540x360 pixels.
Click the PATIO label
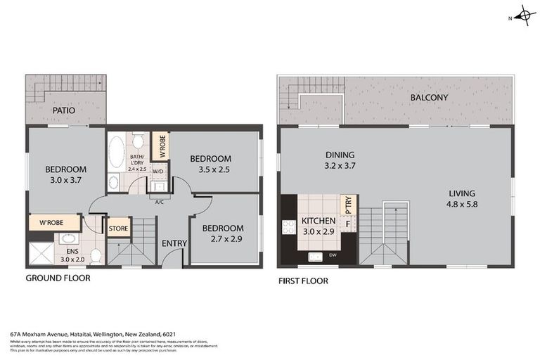coord(63,111)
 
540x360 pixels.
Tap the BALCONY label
coord(429,98)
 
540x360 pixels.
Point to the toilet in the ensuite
coord(96,255)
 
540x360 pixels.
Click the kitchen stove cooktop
coord(288,226)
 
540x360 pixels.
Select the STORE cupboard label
coord(117,228)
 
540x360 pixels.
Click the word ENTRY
coord(174,244)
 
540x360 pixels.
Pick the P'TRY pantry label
coord(347,205)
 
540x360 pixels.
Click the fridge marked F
coord(347,224)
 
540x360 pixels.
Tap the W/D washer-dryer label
coord(158,172)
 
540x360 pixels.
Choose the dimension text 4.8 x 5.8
coord(463,205)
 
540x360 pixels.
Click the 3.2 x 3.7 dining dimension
coord(340,167)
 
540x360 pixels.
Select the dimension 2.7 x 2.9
coord(223,240)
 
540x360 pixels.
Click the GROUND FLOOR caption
coord(58,278)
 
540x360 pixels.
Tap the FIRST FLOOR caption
coord(303,281)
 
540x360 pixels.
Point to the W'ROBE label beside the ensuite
coord(53,224)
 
